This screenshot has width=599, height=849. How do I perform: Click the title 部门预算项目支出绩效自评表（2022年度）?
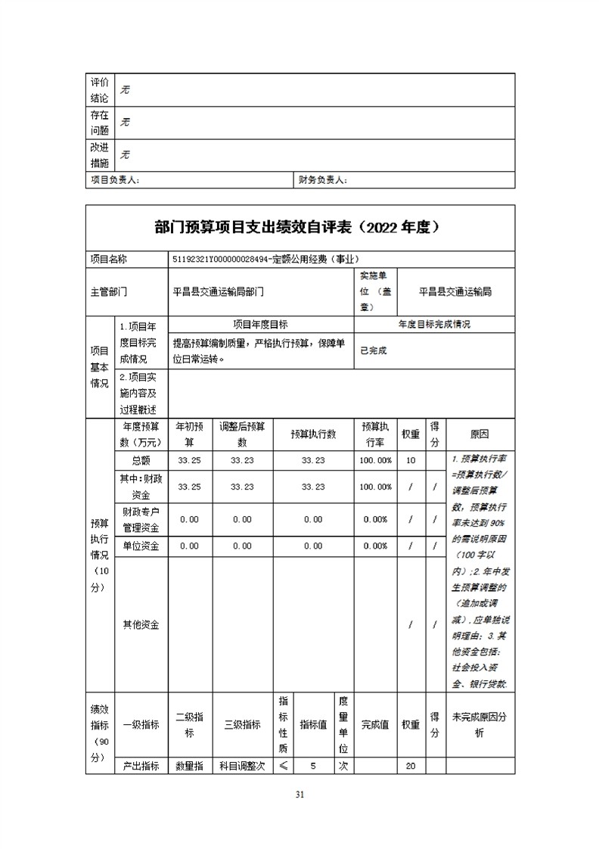pos(299,227)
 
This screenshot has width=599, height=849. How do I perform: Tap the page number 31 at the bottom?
pos(299,795)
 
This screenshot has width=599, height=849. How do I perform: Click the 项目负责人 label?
pos(115,180)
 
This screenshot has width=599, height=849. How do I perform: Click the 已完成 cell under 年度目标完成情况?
pos(374,351)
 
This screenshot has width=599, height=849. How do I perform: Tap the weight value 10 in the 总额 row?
pos(411,460)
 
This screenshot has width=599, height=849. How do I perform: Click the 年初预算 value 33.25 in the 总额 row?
pos(189,460)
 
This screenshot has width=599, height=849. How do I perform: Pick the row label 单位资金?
pos(140,546)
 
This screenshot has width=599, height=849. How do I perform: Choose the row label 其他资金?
pos(140,625)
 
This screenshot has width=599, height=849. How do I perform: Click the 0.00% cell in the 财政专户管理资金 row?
pos(376,520)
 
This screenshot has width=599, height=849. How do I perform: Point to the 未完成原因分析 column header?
pos(479,724)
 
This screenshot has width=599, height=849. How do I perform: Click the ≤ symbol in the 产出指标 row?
pos(283,766)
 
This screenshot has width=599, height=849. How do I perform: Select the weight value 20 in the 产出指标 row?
pos(411,766)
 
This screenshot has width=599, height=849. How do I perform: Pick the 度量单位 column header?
pos(343,724)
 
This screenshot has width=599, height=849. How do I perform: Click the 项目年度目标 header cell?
pos(260,324)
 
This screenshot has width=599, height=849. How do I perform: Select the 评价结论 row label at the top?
pos(100,89)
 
